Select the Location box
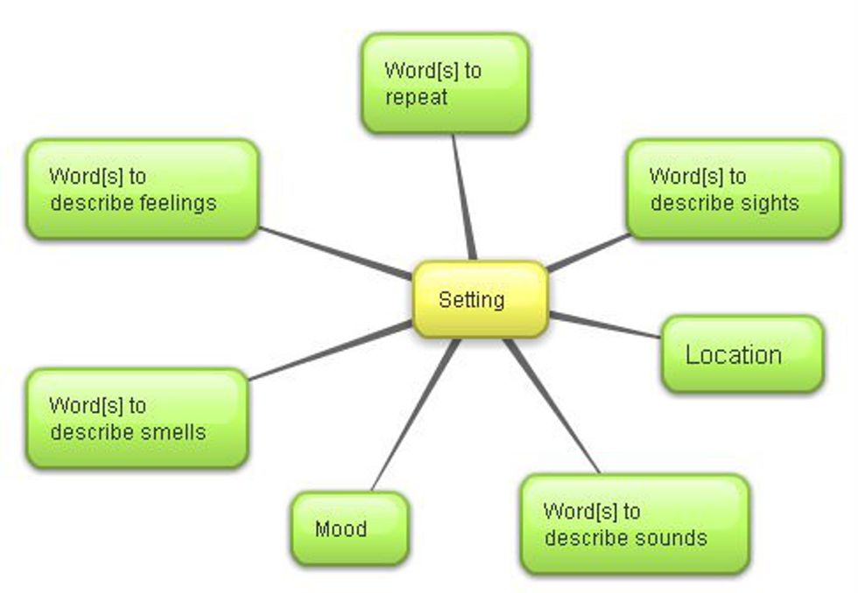click(x=742, y=354)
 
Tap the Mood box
click(x=349, y=528)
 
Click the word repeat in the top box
click(x=416, y=97)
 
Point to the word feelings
click(x=178, y=204)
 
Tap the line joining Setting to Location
click(x=605, y=325)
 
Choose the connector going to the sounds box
click(x=552, y=406)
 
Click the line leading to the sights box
click(x=587, y=252)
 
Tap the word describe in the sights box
click(x=686, y=204)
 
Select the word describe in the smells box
click(x=86, y=432)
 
